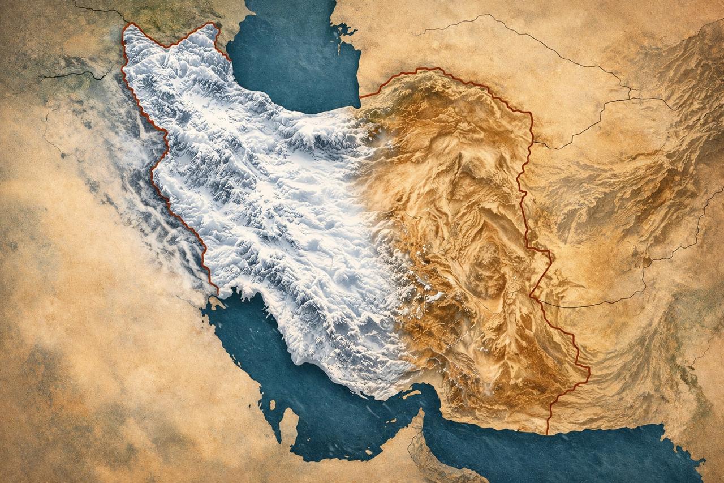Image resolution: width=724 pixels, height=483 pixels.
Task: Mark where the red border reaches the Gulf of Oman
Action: (547, 434)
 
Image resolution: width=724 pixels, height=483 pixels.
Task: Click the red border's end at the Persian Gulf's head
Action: (217, 293)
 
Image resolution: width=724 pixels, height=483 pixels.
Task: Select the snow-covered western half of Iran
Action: (255, 198)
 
